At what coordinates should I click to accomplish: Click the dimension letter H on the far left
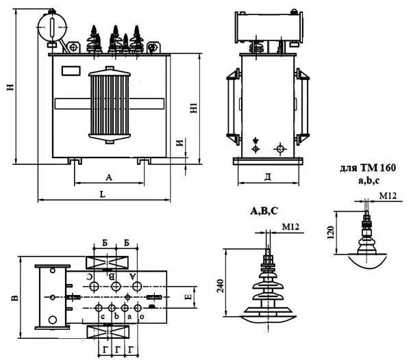(9, 87)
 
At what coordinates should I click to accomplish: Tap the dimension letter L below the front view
(102, 194)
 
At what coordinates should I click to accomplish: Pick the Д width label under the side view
(268, 177)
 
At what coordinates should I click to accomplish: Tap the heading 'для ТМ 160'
(368, 167)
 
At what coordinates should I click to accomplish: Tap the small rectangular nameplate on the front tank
(71, 70)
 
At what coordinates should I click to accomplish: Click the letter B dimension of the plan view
(14, 298)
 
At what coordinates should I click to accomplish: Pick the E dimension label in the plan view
(187, 297)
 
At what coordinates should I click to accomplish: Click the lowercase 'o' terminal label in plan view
(142, 317)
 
